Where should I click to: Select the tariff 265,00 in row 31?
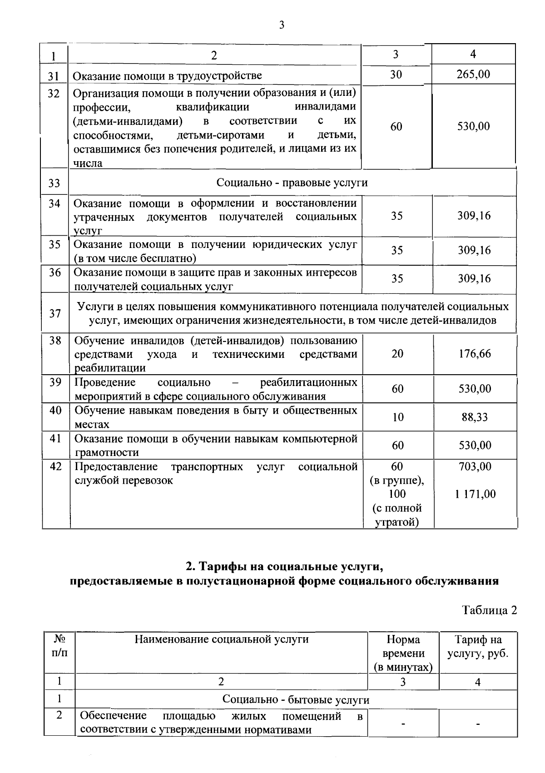pyautogui.click(x=473, y=74)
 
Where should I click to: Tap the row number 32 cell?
pyautogui.click(x=54, y=94)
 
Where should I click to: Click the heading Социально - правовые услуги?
pyautogui.click(x=292, y=183)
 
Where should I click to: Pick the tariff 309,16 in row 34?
pyautogui.click(x=474, y=216)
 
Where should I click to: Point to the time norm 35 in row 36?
pyautogui.click(x=397, y=278)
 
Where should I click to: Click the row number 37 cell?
pyautogui.click(x=55, y=313)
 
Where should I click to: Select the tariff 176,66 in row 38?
pyautogui.click(x=475, y=354)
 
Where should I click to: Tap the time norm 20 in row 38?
pyautogui.click(x=397, y=354)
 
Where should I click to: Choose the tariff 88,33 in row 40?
pyautogui.click(x=475, y=417)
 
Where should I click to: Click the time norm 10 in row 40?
pyautogui.click(x=398, y=417)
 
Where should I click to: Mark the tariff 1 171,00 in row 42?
pyautogui.click(x=475, y=494)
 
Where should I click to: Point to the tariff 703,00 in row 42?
pyautogui.click(x=475, y=466)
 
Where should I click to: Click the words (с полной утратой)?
pyautogui.click(x=397, y=515)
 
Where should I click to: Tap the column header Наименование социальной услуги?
pyautogui.click(x=221, y=639)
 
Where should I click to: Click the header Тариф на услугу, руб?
pyautogui.click(x=478, y=647)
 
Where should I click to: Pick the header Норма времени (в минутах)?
pyautogui.click(x=403, y=653)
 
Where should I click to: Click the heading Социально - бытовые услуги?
pyautogui.click(x=296, y=700)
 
